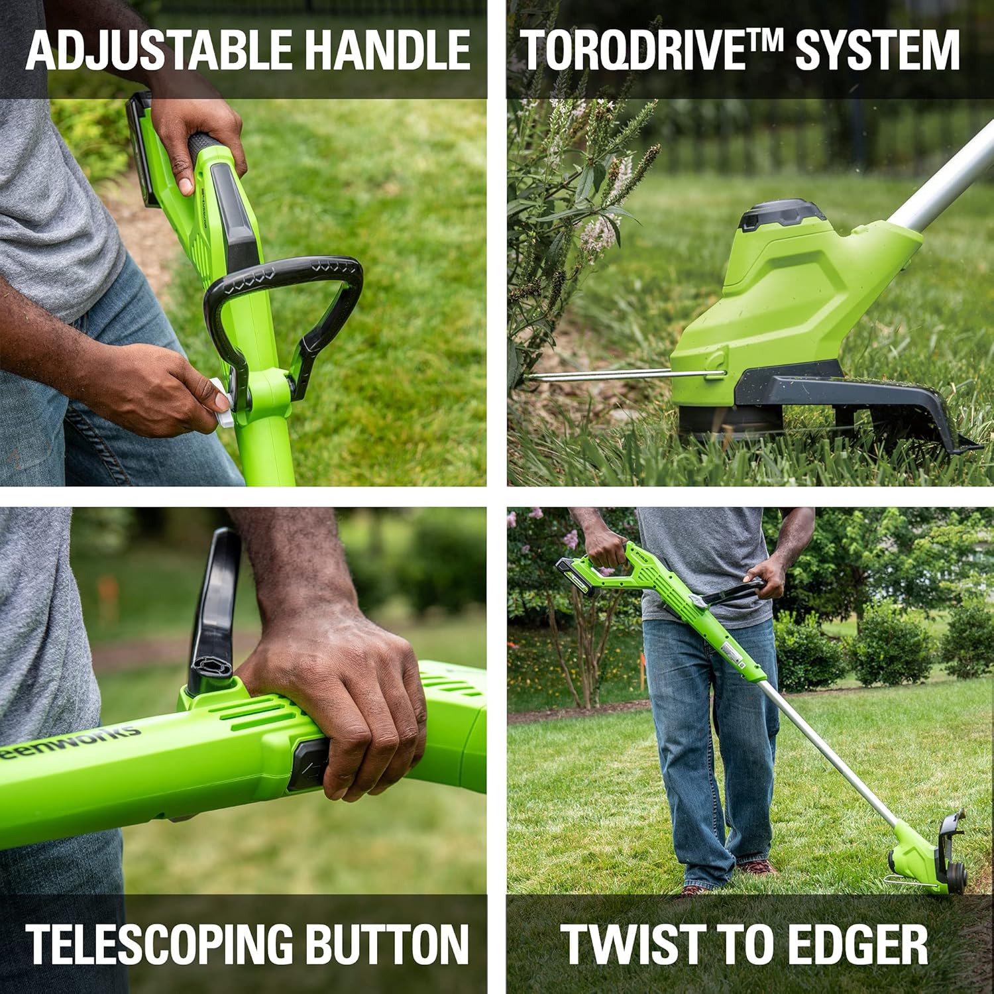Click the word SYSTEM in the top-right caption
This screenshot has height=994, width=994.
[877, 50]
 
